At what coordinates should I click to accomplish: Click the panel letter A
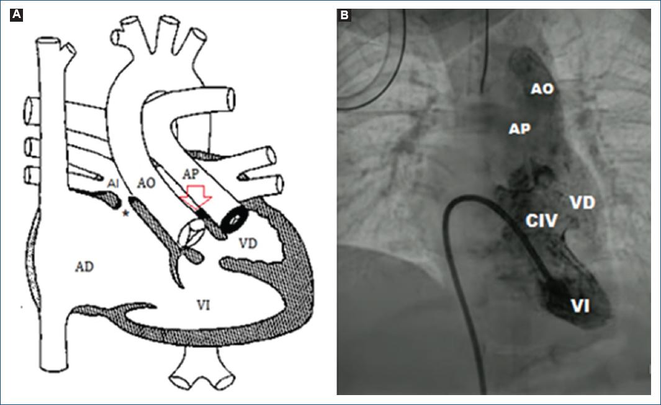coord(17,16)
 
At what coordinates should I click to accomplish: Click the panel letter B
coord(344,16)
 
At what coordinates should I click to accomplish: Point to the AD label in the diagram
coord(84,266)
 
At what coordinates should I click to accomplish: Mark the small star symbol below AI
coord(126,213)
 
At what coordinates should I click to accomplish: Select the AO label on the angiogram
coord(541,89)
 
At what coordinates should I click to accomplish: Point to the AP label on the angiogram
coord(519,128)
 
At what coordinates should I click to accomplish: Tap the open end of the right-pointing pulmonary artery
coord(232,98)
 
